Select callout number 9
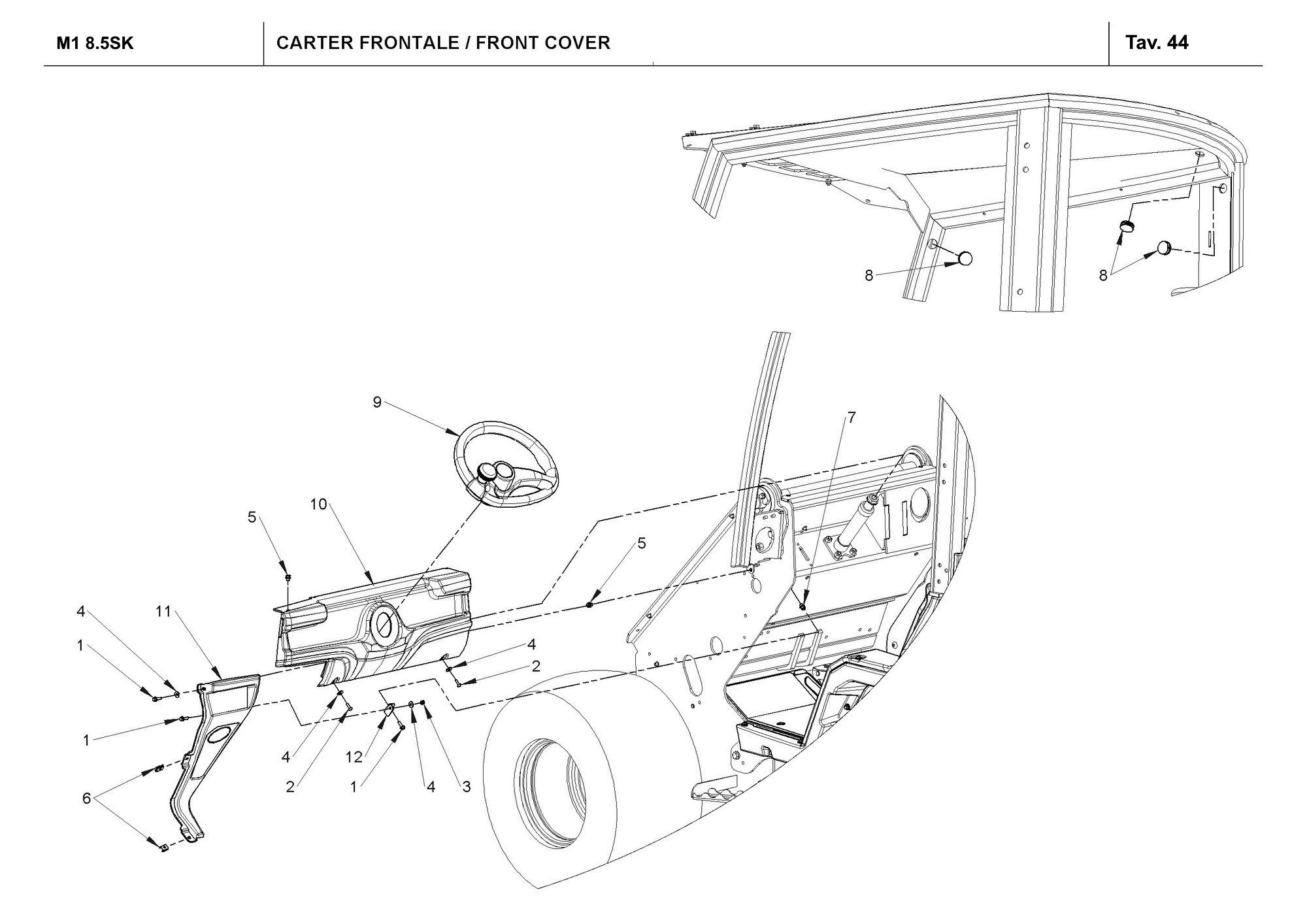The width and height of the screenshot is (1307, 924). click(377, 403)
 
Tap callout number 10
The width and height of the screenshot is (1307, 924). click(319, 504)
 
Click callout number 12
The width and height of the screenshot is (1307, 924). click(354, 757)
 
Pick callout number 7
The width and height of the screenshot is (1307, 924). click(851, 417)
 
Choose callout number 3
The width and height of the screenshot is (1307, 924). click(467, 787)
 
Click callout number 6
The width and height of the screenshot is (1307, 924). click(86, 798)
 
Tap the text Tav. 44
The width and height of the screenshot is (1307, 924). click(1157, 43)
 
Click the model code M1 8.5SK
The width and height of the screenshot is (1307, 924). click(95, 44)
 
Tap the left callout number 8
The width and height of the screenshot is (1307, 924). click(869, 276)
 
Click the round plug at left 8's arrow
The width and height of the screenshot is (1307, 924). click(966, 258)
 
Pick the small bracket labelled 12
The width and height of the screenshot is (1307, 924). click(389, 709)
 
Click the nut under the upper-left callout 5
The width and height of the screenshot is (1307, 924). click(288, 578)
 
